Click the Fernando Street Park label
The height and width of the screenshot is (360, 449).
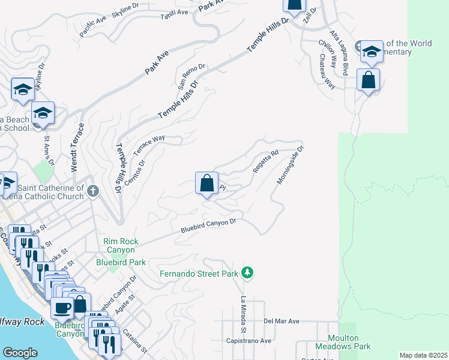click(199, 274)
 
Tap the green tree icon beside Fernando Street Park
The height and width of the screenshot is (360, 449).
click(247, 274)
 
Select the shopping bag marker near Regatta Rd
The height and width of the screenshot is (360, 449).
click(206, 182)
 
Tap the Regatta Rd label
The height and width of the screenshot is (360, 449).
click(266, 161)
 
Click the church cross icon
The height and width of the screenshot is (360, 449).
click(92, 191)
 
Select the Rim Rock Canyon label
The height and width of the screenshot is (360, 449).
click(121, 245)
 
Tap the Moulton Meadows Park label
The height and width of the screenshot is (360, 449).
click(349, 342)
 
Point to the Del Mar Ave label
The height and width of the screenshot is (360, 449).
click(281, 322)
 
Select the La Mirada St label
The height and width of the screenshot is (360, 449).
click(244, 314)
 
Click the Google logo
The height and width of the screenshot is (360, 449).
click(20, 353)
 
